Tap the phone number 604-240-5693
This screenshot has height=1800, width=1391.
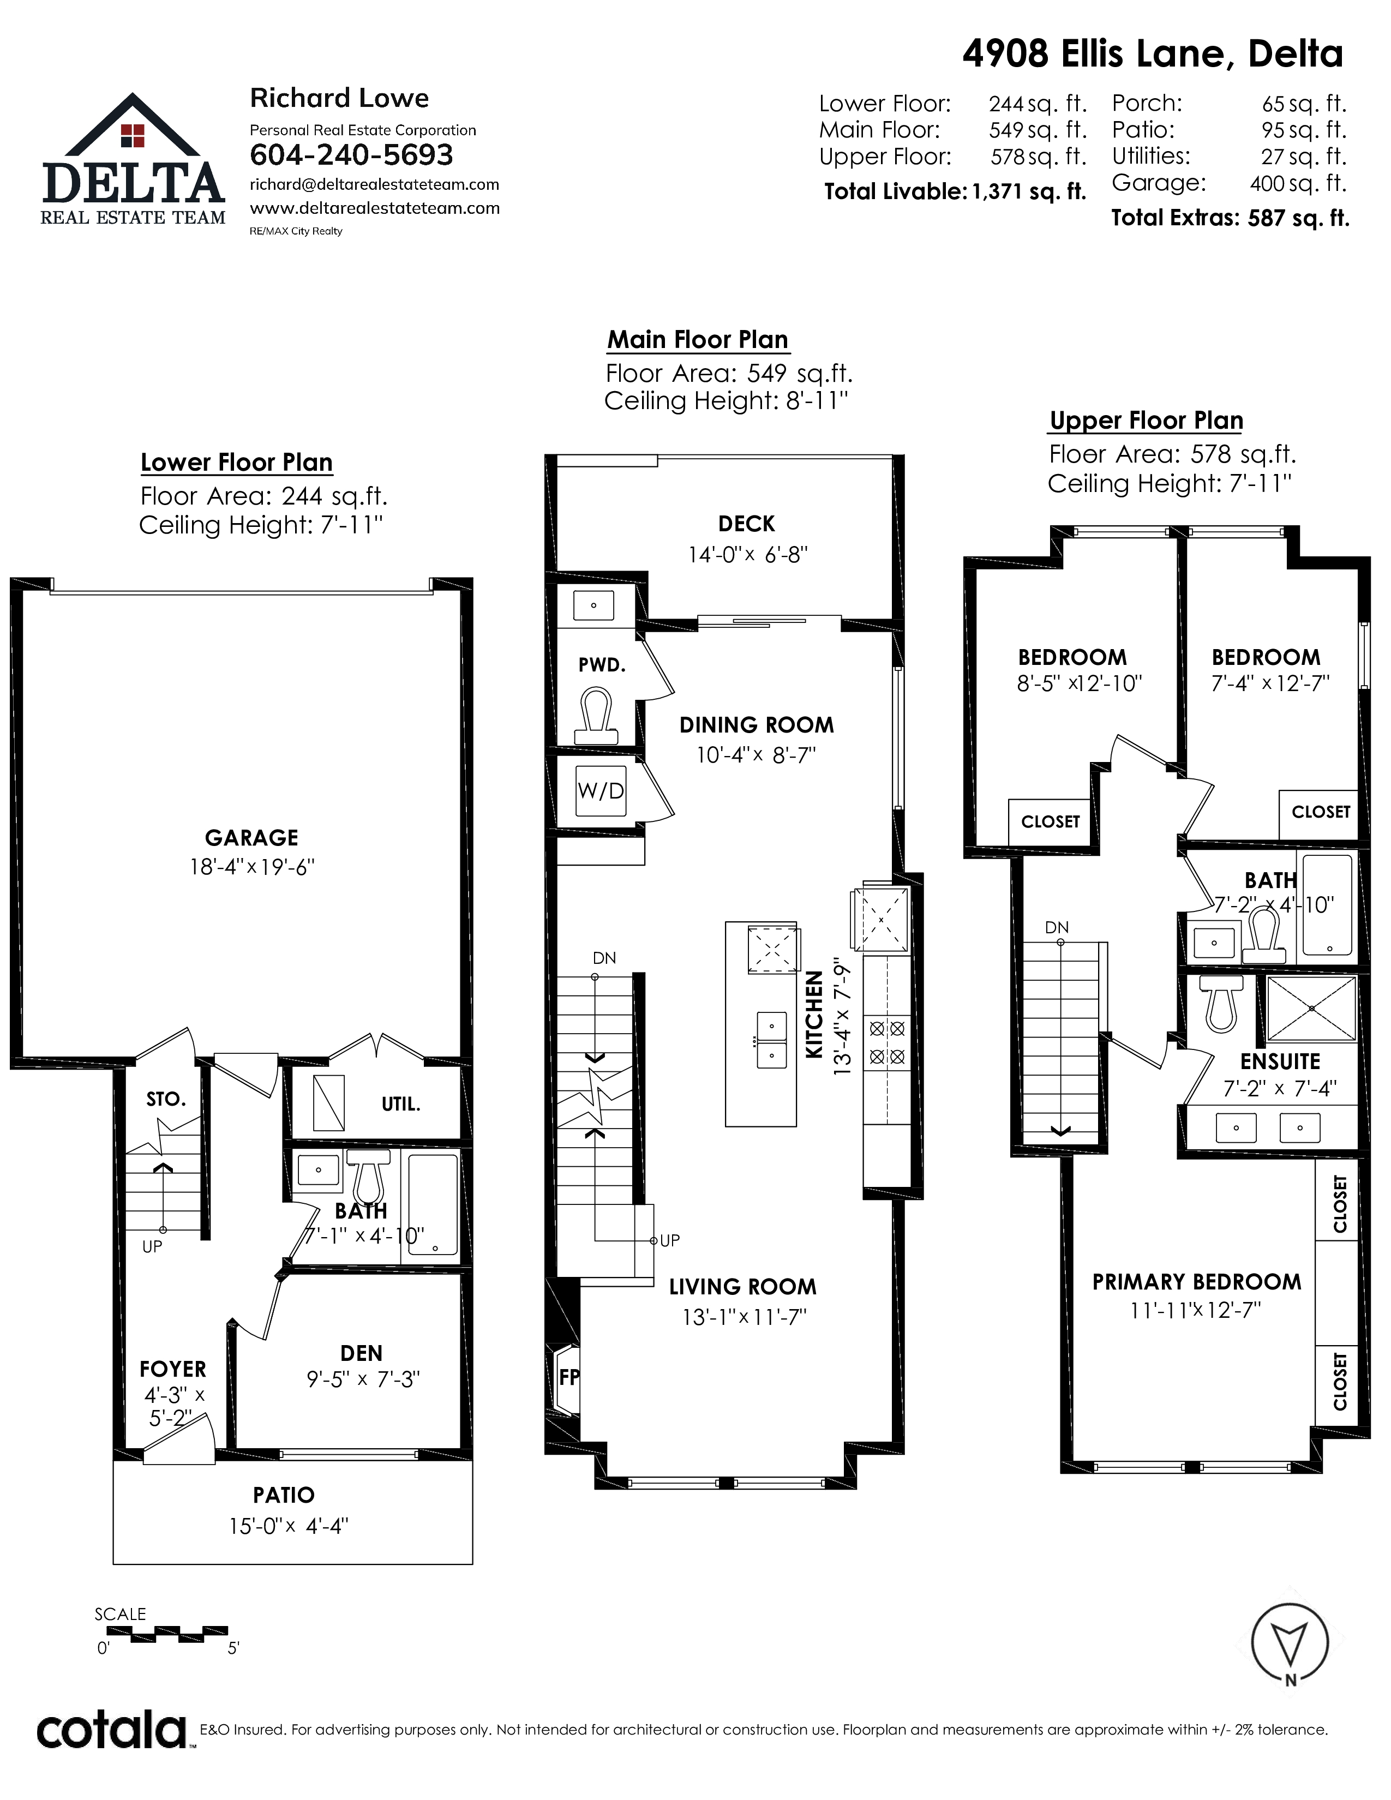(351, 155)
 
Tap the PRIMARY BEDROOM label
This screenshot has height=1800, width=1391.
(1196, 1282)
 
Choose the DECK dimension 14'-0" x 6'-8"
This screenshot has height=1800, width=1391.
(747, 555)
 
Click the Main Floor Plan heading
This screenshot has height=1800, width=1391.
(697, 340)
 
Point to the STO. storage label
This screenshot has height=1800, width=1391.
(166, 1099)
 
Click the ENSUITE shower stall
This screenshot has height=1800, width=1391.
(1311, 1009)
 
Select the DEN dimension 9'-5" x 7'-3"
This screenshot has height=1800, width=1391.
(363, 1379)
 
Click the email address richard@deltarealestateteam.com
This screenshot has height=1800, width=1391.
(374, 184)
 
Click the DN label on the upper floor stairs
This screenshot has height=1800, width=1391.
(1057, 927)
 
